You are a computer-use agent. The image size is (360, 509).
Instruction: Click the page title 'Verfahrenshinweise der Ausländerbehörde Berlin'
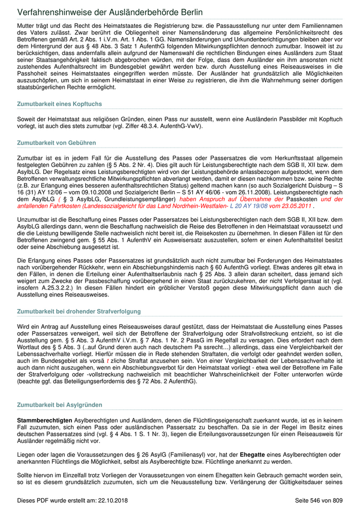click(x=110, y=12)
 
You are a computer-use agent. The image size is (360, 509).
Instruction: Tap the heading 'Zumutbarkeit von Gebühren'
click(x=56, y=142)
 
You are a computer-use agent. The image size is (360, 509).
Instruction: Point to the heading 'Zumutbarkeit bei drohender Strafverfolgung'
click(x=79, y=312)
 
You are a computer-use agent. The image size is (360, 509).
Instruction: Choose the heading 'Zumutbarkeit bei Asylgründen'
click(x=57, y=405)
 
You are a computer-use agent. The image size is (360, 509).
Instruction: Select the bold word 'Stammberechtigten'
click(x=45, y=421)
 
